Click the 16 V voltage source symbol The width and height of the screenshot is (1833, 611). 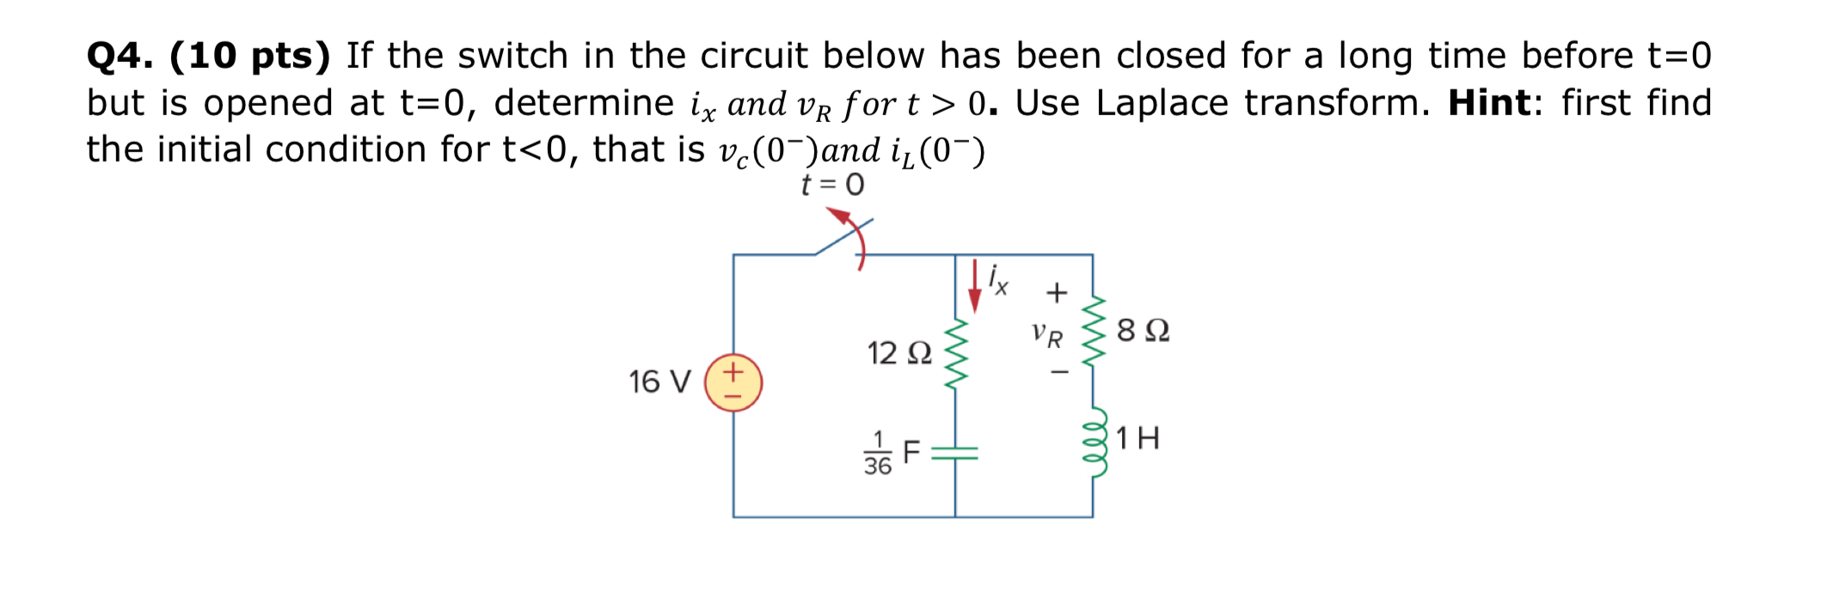[x=733, y=382]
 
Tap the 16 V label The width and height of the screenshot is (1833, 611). [x=659, y=382]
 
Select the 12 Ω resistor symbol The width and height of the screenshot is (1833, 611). [x=955, y=353]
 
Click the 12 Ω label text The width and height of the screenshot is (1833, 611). [x=898, y=353]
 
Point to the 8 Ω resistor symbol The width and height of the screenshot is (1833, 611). [x=1093, y=332]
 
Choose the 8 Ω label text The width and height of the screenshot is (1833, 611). [x=1143, y=331]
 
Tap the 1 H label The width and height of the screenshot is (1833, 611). [x=1137, y=438]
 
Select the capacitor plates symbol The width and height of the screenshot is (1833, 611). [x=955, y=453]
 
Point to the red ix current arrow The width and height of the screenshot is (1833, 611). [x=974, y=286]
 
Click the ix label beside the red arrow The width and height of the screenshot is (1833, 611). [x=998, y=279]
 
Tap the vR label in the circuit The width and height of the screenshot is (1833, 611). [x=1047, y=334]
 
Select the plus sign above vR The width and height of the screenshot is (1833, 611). [x=1057, y=293]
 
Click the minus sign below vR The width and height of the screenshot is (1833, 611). [x=1059, y=372]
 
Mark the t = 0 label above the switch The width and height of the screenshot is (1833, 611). [x=832, y=185]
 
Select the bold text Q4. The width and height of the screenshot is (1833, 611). [x=120, y=57]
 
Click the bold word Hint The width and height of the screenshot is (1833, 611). [x=1490, y=103]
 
